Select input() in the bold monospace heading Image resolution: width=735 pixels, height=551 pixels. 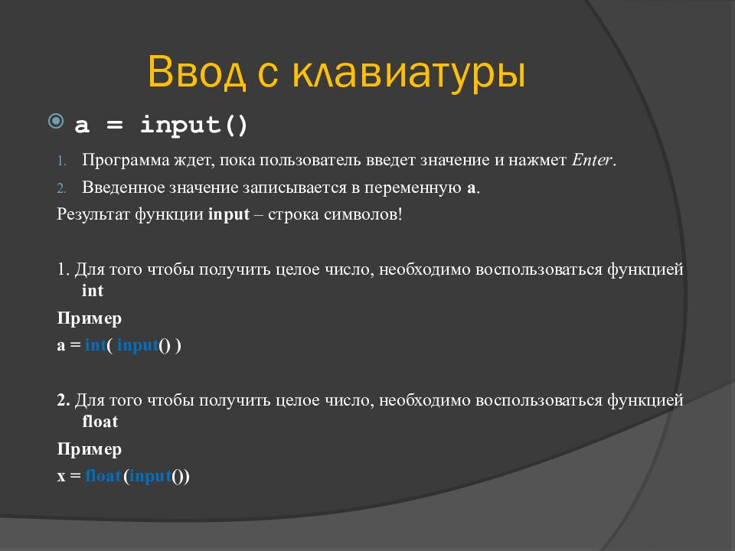tap(194, 125)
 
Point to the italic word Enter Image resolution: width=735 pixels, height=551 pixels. tap(592, 161)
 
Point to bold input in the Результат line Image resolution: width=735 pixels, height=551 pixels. tap(229, 214)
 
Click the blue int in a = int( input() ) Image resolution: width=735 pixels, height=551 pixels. tap(96, 345)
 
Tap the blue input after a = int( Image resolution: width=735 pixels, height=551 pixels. tap(138, 345)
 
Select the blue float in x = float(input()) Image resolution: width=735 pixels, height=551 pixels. tap(103, 476)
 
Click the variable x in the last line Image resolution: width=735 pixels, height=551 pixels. tap(61, 477)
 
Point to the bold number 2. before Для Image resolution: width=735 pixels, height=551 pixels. tap(63, 400)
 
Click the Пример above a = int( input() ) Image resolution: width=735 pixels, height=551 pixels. tap(89, 318)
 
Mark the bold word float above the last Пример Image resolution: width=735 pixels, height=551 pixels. tap(100, 422)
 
